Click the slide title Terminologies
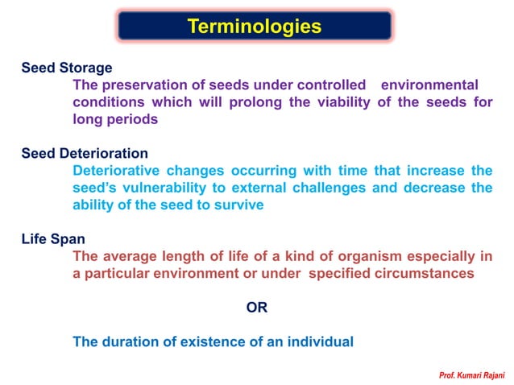pyautogui.click(x=255, y=27)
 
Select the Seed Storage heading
pyautogui.click(x=67, y=68)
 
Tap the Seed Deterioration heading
pyautogui.click(x=85, y=153)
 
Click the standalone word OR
pyautogui.click(x=256, y=308)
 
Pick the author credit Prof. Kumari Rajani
pyautogui.click(x=471, y=375)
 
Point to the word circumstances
pyautogui.click(x=428, y=273)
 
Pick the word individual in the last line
pyautogui.click(x=321, y=342)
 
